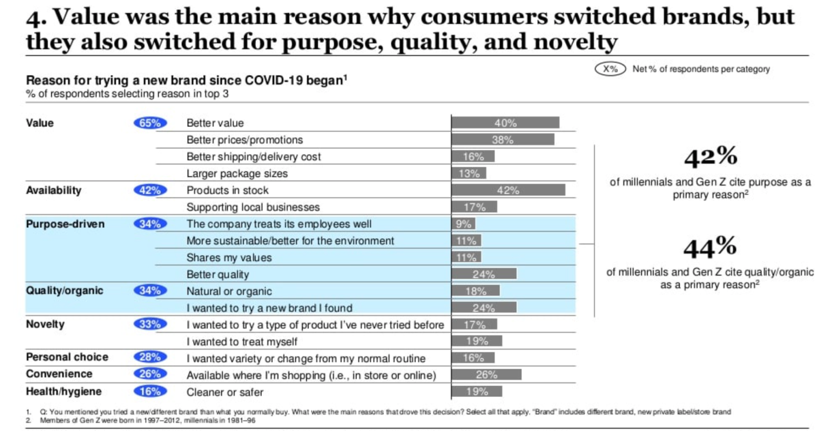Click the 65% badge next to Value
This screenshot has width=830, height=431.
pos(150,123)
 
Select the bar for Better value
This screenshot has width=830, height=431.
pos(505,123)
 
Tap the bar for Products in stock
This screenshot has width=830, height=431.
pos(508,190)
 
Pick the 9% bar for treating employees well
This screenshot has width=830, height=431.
pos(463,224)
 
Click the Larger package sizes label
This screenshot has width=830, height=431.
pos(236,173)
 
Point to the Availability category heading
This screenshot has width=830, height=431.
pos(54,190)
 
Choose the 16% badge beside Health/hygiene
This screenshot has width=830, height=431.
pos(150,392)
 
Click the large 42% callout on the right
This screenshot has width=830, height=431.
pos(709,156)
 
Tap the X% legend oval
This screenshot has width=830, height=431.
pos(610,69)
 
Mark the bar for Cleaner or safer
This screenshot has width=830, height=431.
pos(476,392)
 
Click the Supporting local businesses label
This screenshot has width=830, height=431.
pos(253,207)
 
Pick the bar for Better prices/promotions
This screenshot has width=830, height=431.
pos(502,140)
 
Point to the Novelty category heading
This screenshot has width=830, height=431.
pos(45,324)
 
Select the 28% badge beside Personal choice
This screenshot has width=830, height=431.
pos(150,357)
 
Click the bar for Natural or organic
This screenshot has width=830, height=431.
pos(475,291)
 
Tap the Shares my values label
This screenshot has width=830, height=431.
pos(228,258)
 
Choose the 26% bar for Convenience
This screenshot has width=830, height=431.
pos(486,375)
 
